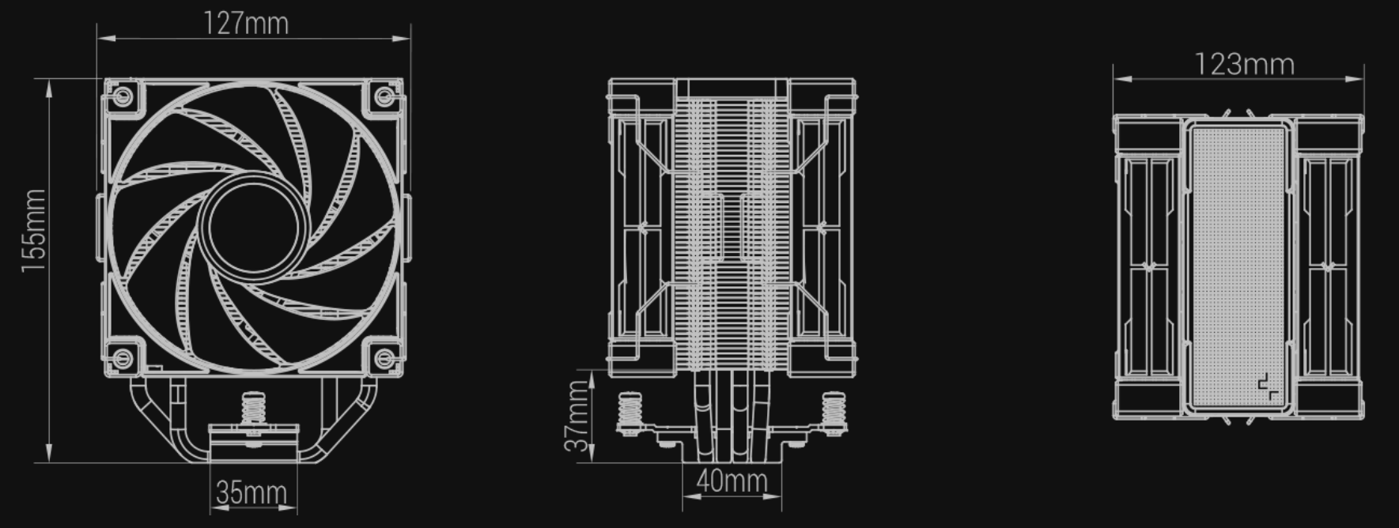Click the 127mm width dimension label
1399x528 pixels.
pos(247,23)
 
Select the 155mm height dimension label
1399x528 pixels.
pos(34,231)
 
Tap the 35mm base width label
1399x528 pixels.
pos(251,493)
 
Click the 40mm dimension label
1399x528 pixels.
pos(732,480)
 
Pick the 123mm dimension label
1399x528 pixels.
pos(1244,64)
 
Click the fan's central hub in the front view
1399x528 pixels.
pos(253,229)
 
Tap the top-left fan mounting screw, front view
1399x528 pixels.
pos(121,97)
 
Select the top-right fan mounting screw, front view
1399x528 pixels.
pos(384,97)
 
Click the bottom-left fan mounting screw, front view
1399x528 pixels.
pos(121,360)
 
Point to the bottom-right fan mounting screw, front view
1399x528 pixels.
pos(384,360)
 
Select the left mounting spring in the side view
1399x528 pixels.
pos(630,411)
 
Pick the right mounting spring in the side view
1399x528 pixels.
pos(833,411)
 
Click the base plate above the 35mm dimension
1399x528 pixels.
pos(253,444)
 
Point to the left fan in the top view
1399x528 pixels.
pos(1149,266)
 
